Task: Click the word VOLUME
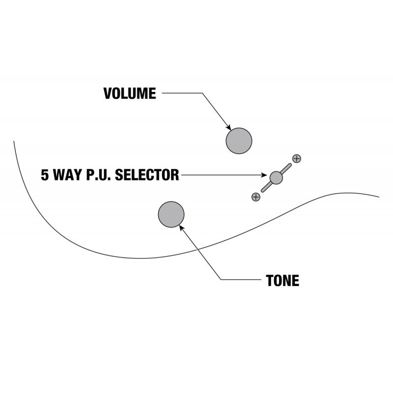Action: click(x=130, y=93)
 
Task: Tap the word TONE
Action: click(x=282, y=281)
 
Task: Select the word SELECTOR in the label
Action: click(x=147, y=175)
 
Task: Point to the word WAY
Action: click(x=68, y=175)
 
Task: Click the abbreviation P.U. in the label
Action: click(x=99, y=175)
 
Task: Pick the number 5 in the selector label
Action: click(x=45, y=175)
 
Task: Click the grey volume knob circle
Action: click(x=239, y=141)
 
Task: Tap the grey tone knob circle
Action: click(x=171, y=214)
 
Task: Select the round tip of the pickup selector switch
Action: click(x=276, y=178)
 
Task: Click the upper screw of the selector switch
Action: click(x=297, y=159)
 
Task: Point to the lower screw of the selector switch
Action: click(x=256, y=197)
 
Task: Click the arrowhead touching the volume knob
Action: click(x=228, y=128)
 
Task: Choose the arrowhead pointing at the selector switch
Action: click(x=264, y=175)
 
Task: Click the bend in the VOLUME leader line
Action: click(x=202, y=93)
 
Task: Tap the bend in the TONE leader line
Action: click(x=221, y=280)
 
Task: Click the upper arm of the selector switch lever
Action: click(x=286, y=168)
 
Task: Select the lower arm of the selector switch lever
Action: click(x=266, y=187)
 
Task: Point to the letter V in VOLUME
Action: click(x=108, y=93)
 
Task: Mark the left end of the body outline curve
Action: click(x=14, y=141)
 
